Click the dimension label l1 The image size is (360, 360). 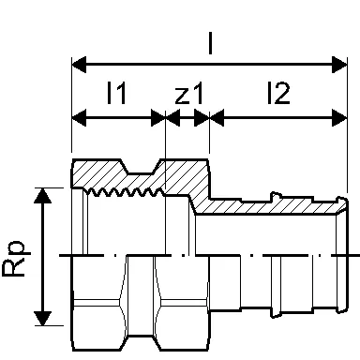[116, 93]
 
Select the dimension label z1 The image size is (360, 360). [189, 93]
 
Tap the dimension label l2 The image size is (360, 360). [278, 93]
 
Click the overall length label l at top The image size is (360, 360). [210, 43]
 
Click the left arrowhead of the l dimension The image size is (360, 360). [79, 65]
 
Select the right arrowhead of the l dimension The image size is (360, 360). [339, 65]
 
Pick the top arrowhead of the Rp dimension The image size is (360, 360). [43, 196]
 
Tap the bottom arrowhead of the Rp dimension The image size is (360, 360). [43, 318]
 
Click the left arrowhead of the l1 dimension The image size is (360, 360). [79, 118]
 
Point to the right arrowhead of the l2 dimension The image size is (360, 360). [339, 118]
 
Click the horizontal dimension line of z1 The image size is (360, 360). [187, 118]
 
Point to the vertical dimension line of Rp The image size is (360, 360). [43, 257]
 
